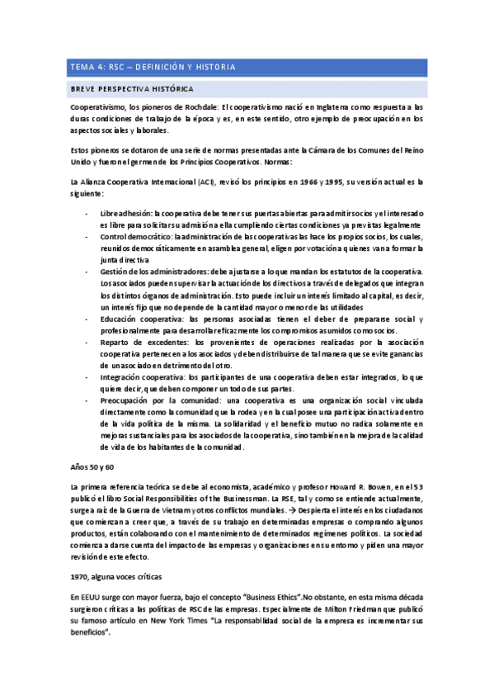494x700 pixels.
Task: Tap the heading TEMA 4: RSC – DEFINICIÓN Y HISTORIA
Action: [x=153, y=67]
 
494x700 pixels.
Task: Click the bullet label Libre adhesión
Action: [x=126, y=214]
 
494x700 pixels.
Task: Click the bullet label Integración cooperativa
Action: [x=139, y=376]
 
